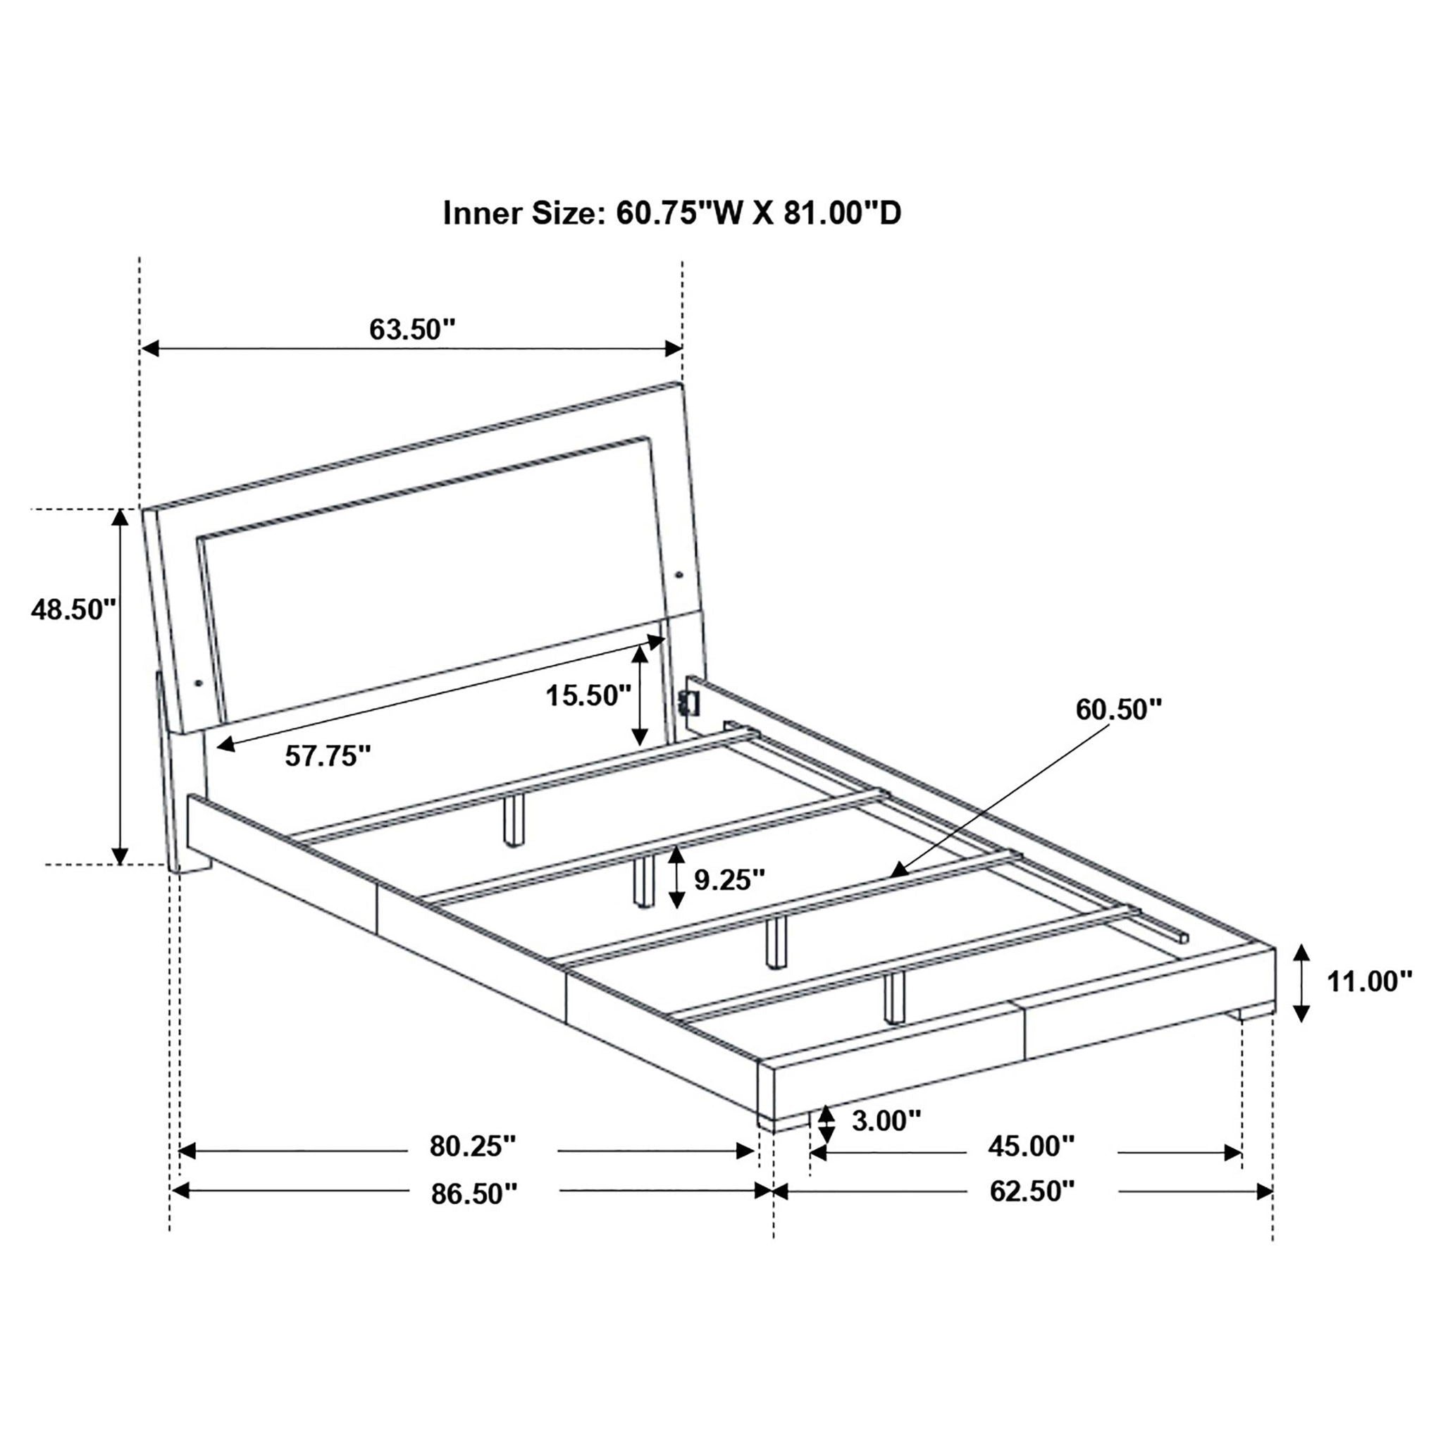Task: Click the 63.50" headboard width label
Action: point(411,329)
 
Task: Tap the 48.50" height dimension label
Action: point(73,609)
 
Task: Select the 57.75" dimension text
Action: point(328,757)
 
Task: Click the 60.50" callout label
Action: point(1119,710)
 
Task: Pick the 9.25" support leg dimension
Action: point(730,880)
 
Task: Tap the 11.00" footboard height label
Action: point(1369,981)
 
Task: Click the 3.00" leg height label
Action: point(886,1141)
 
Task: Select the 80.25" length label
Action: point(473,1168)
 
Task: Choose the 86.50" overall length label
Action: point(473,1215)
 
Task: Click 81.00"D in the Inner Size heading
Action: point(843,213)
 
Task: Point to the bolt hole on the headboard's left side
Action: point(198,683)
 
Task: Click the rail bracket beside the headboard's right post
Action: point(685,702)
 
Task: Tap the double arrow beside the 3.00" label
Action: point(825,1145)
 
